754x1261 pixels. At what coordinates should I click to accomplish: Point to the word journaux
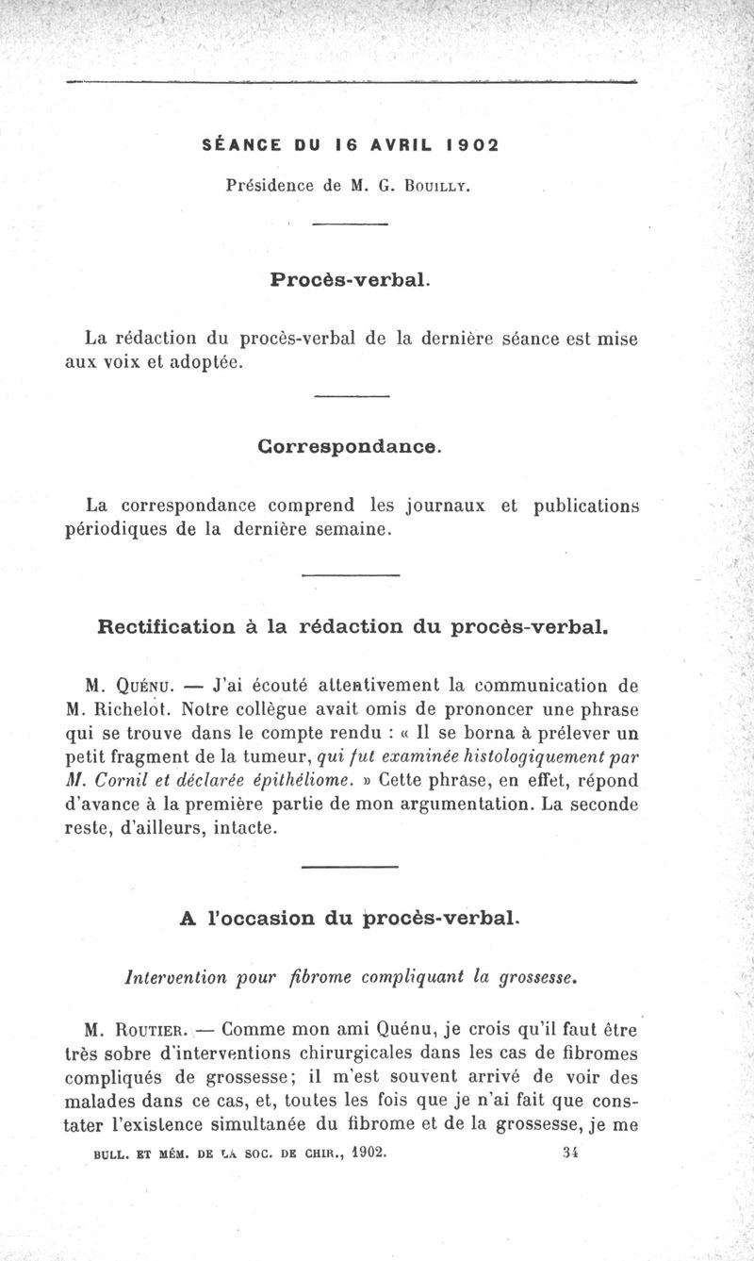click(x=445, y=506)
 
